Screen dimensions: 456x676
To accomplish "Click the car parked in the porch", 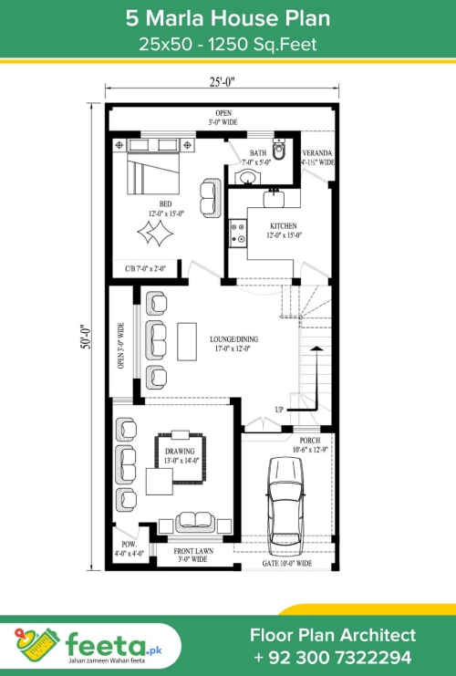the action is (285, 506).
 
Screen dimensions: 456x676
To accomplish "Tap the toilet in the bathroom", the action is (279, 150).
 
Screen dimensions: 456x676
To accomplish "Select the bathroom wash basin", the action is (247, 177).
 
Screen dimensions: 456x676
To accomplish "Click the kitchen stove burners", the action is (237, 234).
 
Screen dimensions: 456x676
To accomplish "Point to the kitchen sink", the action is (274, 199).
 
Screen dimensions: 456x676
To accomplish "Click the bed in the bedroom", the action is (153, 172).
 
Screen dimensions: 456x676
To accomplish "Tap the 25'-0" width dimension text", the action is (223, 82).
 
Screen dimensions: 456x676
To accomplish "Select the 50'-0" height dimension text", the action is (87, 337).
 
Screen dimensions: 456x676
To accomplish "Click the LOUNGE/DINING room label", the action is (234, 339).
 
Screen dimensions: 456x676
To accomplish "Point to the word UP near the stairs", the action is (279, 409).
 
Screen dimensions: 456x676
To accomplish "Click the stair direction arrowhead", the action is (316, 348).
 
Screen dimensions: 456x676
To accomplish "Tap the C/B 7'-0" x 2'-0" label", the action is (145, 268).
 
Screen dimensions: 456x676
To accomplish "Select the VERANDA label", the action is (317, 153).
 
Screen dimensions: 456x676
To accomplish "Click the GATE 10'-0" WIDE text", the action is (287, 563).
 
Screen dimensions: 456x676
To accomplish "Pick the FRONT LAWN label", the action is (193, 551).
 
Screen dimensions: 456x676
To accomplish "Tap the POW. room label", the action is (129, 544).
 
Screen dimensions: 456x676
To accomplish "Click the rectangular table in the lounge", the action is (187, 341).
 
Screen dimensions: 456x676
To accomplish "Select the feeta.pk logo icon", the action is (37, 645).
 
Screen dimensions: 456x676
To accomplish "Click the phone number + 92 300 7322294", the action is (333, 658).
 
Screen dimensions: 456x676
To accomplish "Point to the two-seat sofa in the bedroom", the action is (211, 198).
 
